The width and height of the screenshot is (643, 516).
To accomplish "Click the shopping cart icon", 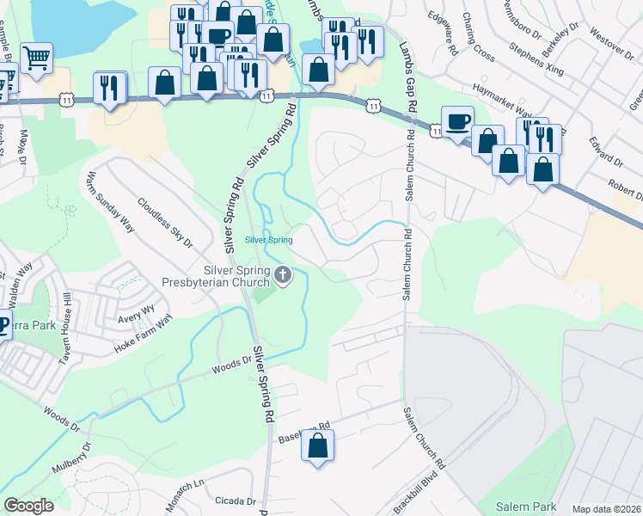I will click(x=37, y=58).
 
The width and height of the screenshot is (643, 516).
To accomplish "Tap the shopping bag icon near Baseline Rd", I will click(x=318, y=445).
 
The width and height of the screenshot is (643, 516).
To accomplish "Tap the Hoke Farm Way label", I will click(x=144, y=335).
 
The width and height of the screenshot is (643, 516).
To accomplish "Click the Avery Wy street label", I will click(x=137, y=314).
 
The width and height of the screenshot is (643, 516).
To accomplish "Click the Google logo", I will click(x=28, y=506).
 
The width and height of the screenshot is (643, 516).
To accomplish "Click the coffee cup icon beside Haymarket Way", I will click(x=457, y=120).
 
